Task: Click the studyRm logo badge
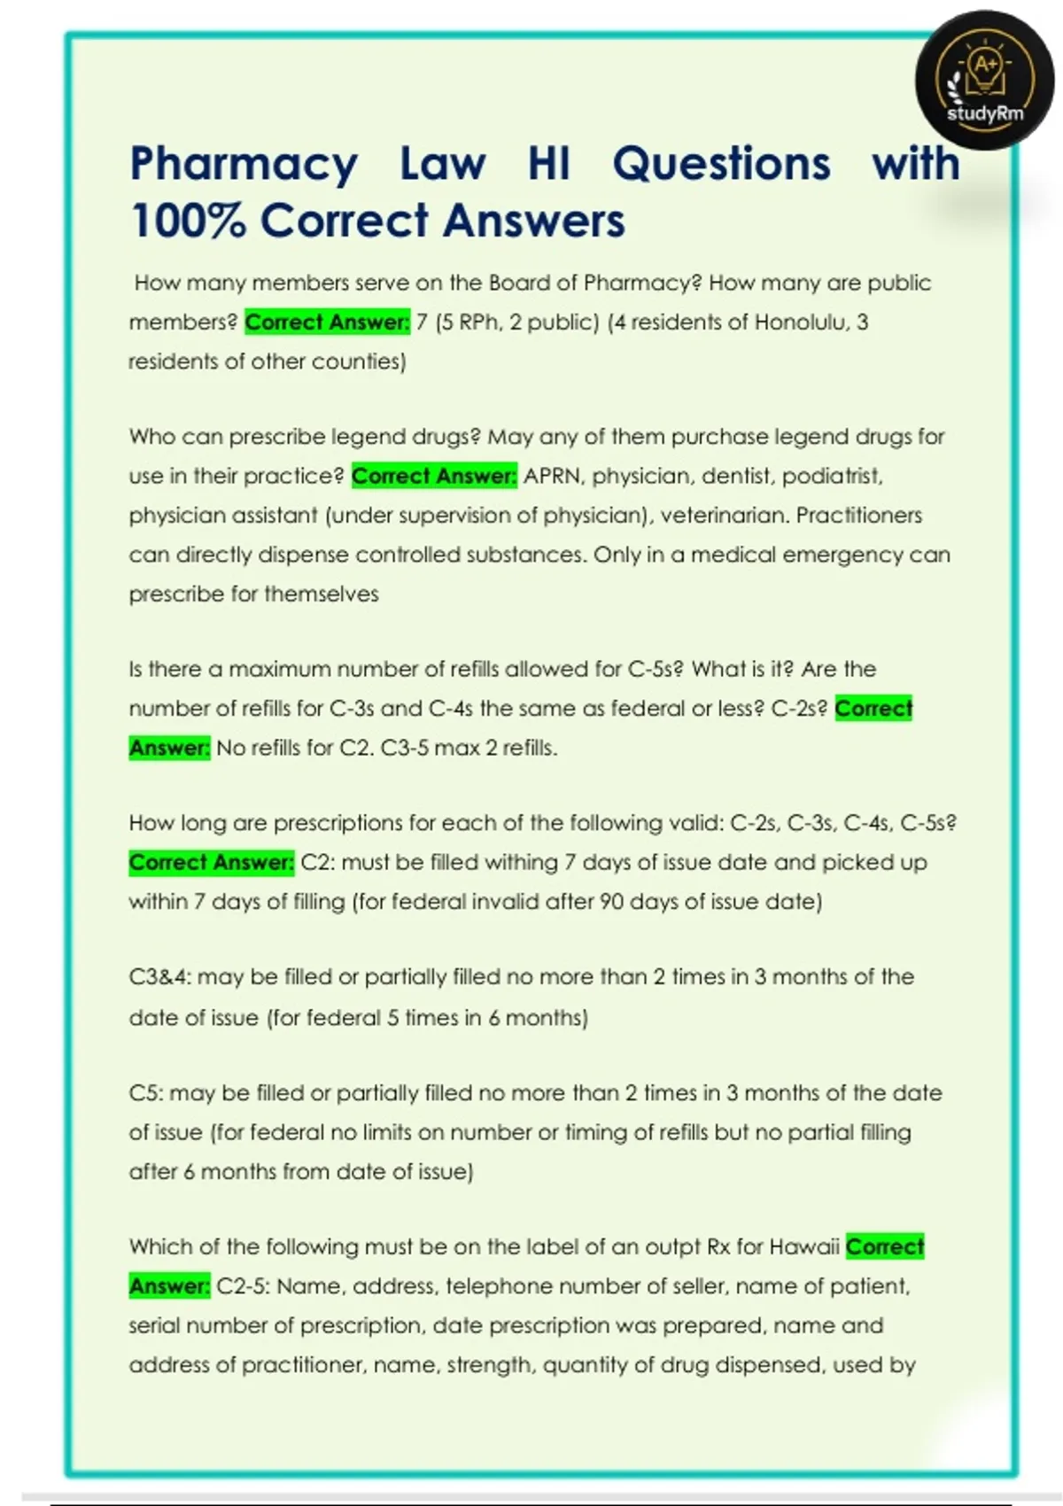click(984, 80)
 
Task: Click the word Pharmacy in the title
click(244, 165)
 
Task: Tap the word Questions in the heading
click(721, 165)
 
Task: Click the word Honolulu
click(801, 322)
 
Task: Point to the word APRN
click(554, 477)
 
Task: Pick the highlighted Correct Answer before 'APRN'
click(434, 477)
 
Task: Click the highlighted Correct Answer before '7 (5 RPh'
click(327, 322)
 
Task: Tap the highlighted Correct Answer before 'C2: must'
click(211, 863)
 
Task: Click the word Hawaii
click(803, 1247)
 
